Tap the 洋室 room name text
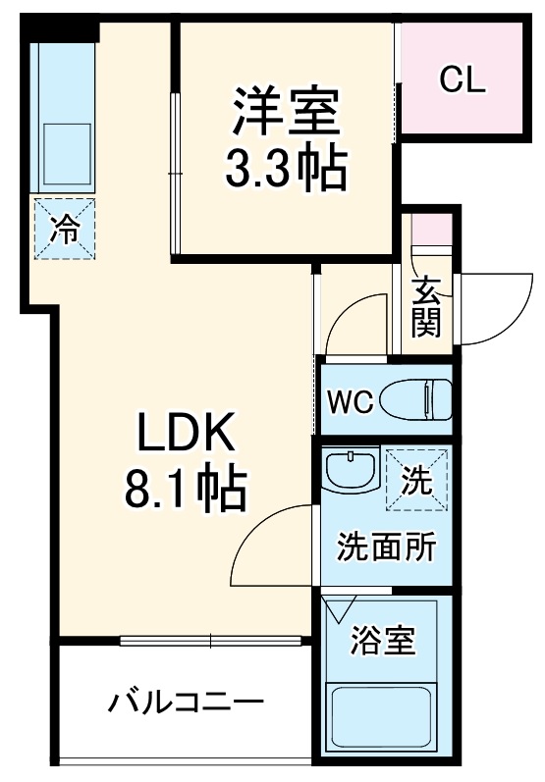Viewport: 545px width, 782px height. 285,114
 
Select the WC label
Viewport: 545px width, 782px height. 350,402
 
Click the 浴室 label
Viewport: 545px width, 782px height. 384,643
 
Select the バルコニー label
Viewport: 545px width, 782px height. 186,704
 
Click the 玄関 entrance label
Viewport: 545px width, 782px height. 426,307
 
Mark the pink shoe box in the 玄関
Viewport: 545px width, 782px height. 429,231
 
